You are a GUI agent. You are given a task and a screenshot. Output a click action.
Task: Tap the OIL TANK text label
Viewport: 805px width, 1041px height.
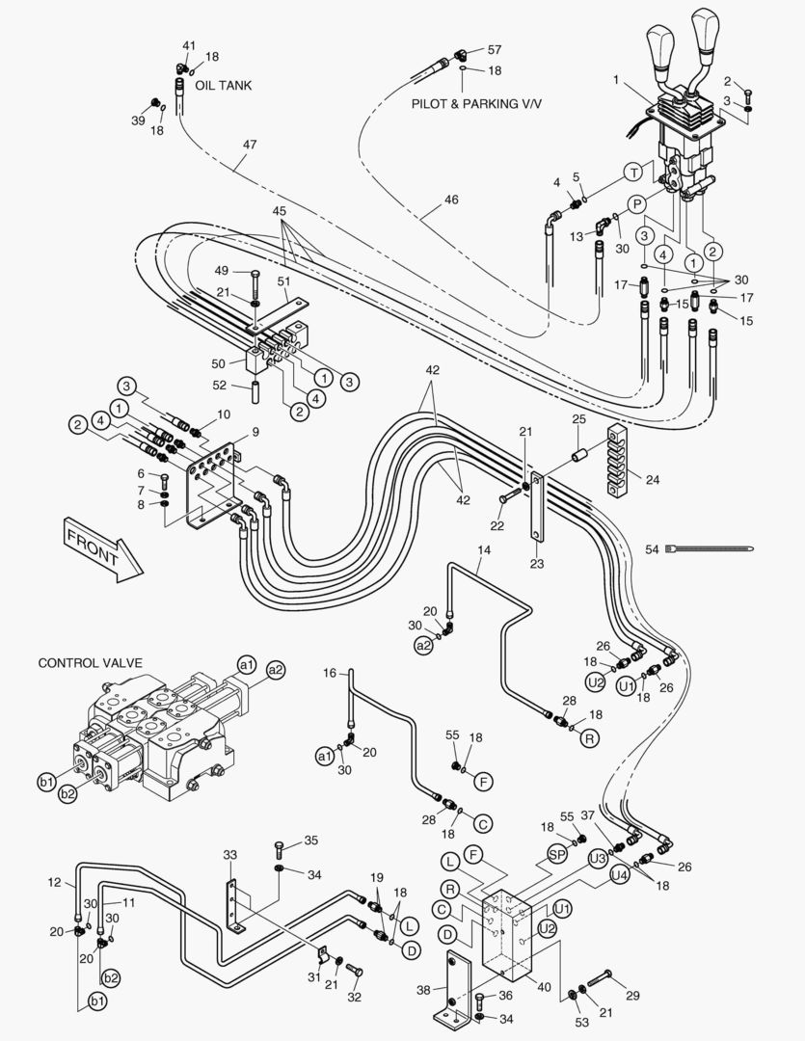(x=223, y=86)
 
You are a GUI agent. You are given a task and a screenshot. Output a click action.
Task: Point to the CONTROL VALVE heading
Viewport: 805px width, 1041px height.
(x=90, y=663)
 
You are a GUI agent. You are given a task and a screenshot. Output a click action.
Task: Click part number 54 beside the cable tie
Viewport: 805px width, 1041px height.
(x=652, y=548)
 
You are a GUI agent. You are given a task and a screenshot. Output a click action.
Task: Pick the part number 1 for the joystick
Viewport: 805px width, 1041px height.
(x=615, y=80)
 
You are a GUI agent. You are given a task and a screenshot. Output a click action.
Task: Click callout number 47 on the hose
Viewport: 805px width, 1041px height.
(x=250, y=145)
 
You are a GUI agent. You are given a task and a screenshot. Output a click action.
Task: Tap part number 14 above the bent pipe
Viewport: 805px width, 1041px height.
(x=484, y=549)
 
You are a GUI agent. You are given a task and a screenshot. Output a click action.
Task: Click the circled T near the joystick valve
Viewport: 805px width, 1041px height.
(x=632, y=172)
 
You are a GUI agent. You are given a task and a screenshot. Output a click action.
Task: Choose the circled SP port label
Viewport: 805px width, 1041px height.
(x=557, y=854)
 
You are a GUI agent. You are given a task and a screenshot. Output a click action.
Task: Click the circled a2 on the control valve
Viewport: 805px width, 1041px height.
(x=276, y=669)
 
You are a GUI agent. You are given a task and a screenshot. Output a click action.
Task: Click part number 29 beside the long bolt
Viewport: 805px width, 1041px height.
(x=632, y=995)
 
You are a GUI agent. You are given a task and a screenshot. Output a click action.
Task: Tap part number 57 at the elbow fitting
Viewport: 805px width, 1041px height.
(x=495, y=49)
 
